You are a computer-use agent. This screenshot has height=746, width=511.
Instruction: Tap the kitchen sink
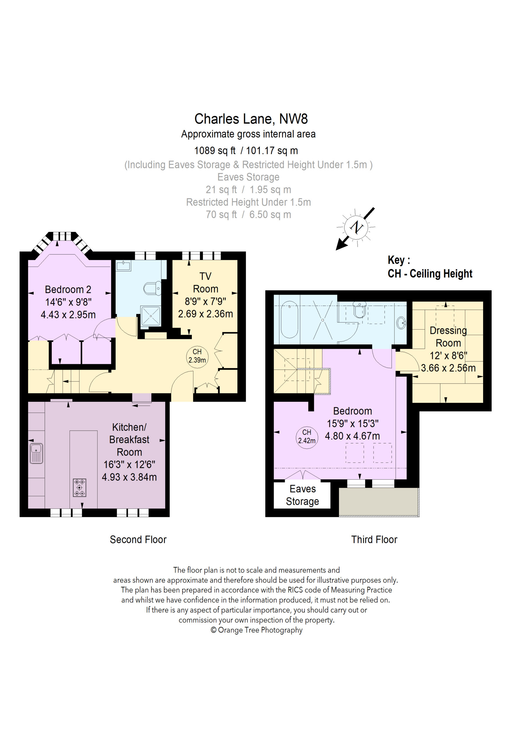click(36, 453)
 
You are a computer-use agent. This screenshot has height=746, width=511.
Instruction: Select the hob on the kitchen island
click(79, 488)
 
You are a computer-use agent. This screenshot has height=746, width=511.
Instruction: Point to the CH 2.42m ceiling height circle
click(307, 437)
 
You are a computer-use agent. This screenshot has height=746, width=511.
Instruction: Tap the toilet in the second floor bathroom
click(152, 288)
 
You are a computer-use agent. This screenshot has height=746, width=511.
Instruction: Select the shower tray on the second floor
click(151, 316)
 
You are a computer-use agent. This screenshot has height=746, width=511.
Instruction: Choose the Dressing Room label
click(448, 336)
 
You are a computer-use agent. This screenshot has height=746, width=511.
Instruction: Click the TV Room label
click(205, 282)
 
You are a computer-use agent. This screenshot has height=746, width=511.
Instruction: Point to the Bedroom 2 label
click(68, 290)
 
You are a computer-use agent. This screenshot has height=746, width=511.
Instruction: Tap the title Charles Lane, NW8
click(251, 119)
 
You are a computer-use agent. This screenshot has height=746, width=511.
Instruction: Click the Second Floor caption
click(138, 540)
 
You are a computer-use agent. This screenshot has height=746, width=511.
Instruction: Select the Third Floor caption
click(374, 540)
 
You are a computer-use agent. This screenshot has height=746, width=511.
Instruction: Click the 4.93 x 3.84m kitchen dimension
click(129, 477)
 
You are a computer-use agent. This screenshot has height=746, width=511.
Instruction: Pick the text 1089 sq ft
click(215, 151)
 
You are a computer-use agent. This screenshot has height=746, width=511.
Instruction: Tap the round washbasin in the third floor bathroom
click(401, 323)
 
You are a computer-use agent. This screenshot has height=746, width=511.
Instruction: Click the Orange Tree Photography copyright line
click(256, 630)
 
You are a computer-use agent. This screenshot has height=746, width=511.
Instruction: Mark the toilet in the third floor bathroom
click(360, 309)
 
